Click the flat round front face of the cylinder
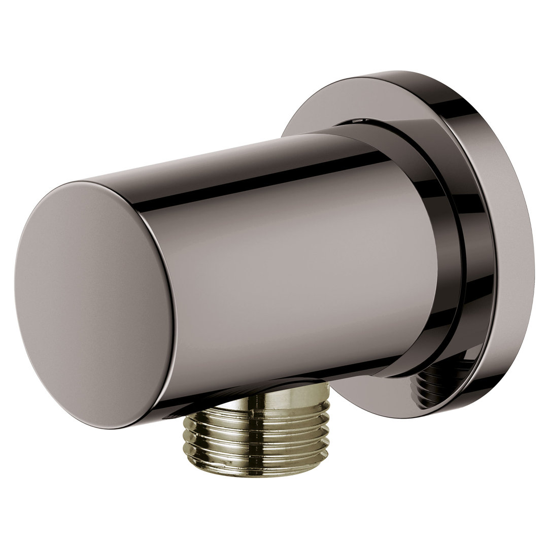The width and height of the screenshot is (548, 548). coord(94,299)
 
